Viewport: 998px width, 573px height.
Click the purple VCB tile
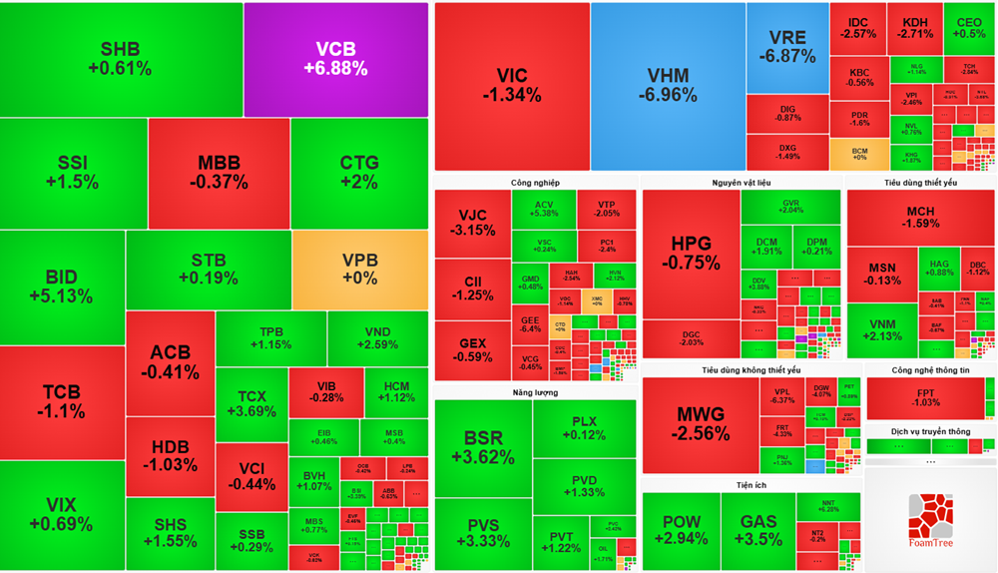tap(335, 59)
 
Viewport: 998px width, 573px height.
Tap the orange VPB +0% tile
tap(359, 270)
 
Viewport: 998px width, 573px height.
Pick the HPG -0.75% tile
tap(695, 254)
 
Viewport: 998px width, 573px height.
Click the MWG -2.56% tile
tap(698, 424)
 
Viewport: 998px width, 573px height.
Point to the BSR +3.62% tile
tap(483, 446)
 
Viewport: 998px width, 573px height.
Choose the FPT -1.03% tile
tap(925, 399)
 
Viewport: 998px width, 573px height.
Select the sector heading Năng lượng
tap(535, 392)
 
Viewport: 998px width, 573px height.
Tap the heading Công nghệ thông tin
tap(930, 370)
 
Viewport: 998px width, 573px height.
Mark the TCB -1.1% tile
tap(62, 401)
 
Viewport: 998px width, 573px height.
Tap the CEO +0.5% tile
tap(969, 28)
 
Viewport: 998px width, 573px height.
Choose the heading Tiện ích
tap(740, 484)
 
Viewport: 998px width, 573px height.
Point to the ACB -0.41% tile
tap(170, 361)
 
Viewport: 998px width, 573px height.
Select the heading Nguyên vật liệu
tap(741, 183)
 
